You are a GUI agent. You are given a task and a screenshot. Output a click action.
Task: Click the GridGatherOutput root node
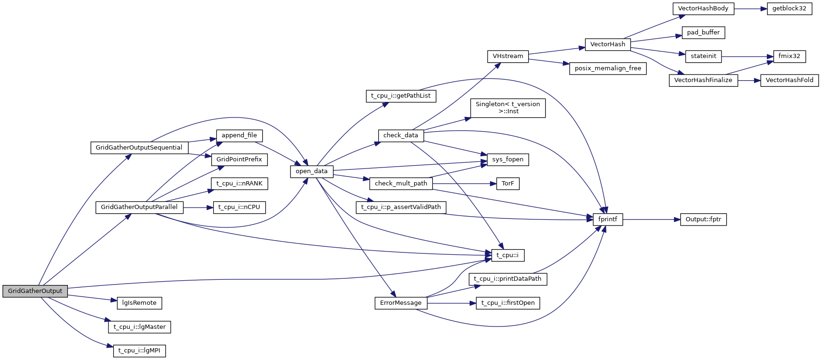[35, 291]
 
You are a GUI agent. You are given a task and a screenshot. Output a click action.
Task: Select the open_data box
[311, 171]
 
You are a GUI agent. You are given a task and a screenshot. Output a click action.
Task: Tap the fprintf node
[607, 219]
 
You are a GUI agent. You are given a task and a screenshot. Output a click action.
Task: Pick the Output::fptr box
[703, 219]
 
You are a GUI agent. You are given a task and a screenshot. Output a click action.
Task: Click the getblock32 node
[789, 8]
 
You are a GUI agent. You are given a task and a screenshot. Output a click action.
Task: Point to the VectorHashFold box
[789, 80]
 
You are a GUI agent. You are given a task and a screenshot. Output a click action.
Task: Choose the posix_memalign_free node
[607, 68]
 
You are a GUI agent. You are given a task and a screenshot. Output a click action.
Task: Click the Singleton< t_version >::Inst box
[507, 108]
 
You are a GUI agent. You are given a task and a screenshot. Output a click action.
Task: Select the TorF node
[507, 184]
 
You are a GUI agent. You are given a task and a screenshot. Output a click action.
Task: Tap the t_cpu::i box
[507, 255]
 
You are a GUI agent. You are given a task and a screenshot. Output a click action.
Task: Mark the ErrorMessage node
[400, 303]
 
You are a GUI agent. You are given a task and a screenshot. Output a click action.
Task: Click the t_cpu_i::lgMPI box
[139, 351]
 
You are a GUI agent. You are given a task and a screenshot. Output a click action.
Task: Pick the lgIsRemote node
[139, 303]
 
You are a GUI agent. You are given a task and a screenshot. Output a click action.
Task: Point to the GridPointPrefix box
[239, 159]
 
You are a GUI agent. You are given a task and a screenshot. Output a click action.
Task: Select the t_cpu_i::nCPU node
[239, 207]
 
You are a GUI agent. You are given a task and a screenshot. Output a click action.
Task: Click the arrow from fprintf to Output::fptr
[651, 219]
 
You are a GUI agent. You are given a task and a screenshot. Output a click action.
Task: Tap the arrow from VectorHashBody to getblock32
[750, 8]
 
